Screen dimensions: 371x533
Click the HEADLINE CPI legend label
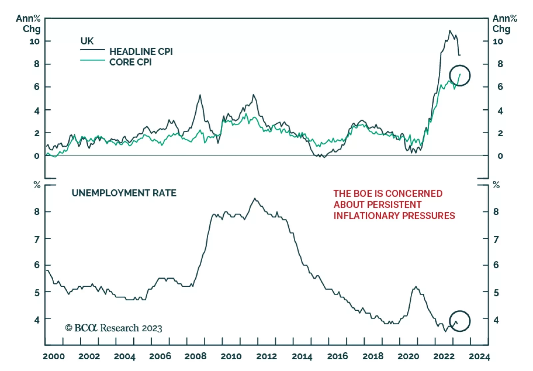point(141,52)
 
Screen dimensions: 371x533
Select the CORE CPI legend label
point(130,62)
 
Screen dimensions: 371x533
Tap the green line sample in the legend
point(92,60)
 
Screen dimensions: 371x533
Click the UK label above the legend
point(87,41)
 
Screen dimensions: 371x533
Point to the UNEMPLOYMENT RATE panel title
point(124,193)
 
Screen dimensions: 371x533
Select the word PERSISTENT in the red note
point(395,204)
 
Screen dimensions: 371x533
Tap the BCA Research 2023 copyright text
point(114,328)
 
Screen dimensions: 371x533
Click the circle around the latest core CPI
point(460,76)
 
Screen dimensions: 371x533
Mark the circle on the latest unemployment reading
point(460,321)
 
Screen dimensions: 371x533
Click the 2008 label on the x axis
point(196,356)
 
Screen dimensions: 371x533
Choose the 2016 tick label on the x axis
point(337,356)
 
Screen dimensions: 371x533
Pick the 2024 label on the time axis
point(479,356)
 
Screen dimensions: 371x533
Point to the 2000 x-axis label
point(54,356)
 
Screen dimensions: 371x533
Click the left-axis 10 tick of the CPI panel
point(35,41)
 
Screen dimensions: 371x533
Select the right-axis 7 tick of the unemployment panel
point(496,239)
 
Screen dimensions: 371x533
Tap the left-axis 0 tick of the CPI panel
point(37,156)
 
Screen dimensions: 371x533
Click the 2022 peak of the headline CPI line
point(450,31)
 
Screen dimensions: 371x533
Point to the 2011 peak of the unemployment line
point(255,198)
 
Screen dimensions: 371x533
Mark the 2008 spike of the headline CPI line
point(200,95)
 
